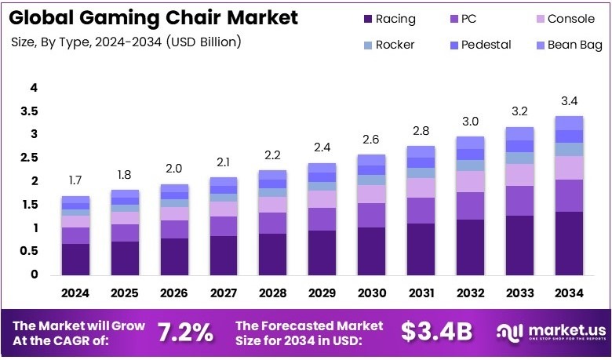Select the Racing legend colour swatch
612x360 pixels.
(x=369, y=19)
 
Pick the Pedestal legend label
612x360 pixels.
(x=486, y=45)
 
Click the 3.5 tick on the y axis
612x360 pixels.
(x=29, y=111)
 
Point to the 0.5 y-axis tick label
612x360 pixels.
(x=29, y=251)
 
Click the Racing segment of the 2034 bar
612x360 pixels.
(x=569, y=243)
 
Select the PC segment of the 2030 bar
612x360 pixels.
(x=372, y=215)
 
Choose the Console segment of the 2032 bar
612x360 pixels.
(x=471, y=181)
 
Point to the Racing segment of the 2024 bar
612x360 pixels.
(x=76, y=259)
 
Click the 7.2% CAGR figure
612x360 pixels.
(x=185, y=332)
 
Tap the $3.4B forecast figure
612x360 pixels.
(x=436, y=332)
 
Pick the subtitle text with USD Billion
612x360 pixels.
(x=126, y=42)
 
